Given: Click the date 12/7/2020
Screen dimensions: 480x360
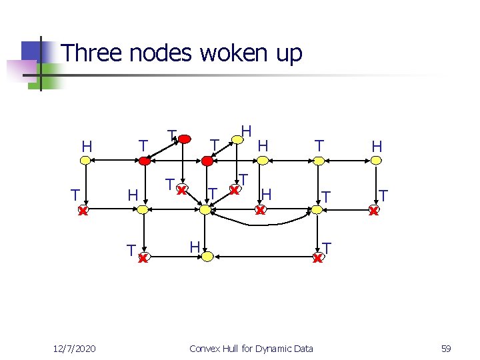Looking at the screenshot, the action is pyautogui.click(x=75, y=349).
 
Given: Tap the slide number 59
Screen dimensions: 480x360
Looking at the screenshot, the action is pyautogui.click(x=445, y=349).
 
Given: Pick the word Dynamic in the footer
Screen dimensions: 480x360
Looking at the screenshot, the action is pyautogui.click(x=272, y=349).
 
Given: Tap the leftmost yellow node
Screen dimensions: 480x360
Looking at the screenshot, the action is pyautogui.click(x=85, y=161).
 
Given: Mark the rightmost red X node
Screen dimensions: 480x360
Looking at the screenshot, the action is pyautogui.click(x=374, y=211).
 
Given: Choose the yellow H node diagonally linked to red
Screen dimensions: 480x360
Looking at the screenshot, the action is pyautogui.click(x=236, y=140).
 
